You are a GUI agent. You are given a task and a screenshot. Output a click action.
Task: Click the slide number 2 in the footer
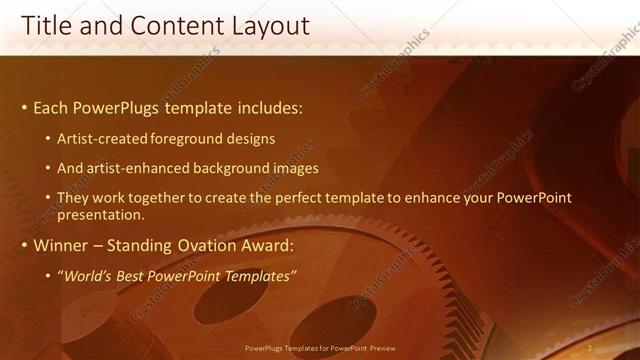click(590, 347)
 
